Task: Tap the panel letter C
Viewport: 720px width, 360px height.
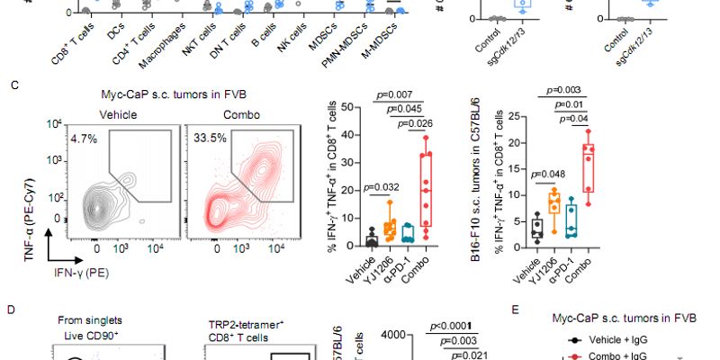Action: (13, 85)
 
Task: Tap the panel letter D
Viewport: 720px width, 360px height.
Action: (13, 310)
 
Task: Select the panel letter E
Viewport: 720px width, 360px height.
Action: (514, 310)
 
